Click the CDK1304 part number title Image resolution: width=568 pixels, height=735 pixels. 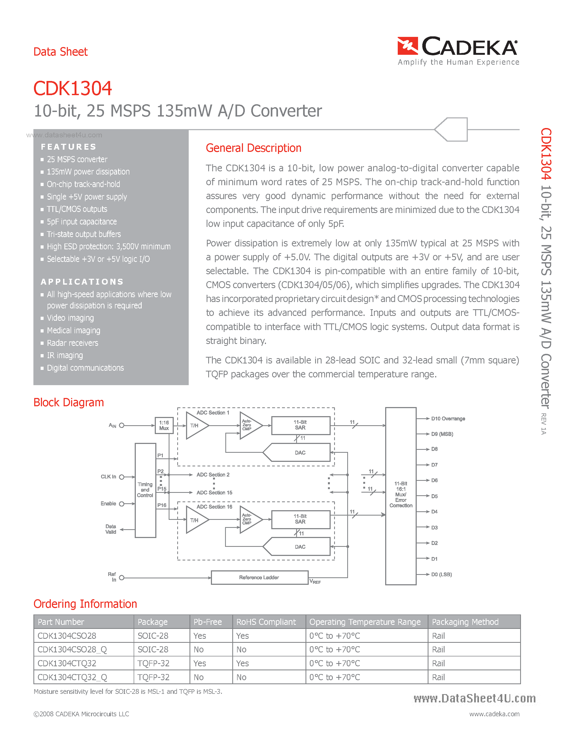72,88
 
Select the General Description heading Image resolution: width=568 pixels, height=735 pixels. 253,148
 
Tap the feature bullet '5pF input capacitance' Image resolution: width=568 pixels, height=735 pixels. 82,222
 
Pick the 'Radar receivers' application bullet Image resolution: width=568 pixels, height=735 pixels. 72,343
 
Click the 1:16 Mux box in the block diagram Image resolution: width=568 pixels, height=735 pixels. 164,425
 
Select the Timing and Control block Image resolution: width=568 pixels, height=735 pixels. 145,490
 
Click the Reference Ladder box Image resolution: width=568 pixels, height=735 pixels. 259,578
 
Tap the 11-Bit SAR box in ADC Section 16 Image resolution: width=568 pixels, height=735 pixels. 300,519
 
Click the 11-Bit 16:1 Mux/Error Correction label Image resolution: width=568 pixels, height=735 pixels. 401,495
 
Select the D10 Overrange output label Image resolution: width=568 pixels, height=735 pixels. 448,419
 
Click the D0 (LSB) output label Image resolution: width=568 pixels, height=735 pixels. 441,574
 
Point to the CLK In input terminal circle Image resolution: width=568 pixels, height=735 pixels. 122,477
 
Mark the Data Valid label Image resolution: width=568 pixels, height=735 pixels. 111,529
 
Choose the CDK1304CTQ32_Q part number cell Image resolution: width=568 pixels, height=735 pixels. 72,677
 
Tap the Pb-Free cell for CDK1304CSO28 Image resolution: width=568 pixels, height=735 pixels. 200,636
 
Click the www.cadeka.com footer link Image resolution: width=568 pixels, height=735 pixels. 494,714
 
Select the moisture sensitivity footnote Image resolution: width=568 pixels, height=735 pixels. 128,692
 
